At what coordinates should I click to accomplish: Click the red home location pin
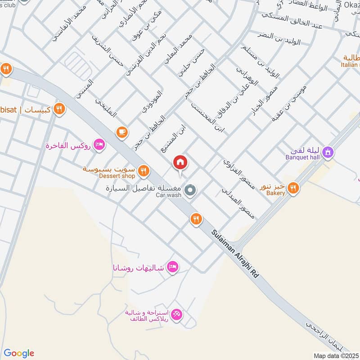(x=180, y=162)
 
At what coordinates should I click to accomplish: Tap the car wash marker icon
(x=190, y=190)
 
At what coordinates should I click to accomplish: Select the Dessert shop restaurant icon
(x=144, y=171)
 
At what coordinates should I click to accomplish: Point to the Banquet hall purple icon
(x=329, y=152)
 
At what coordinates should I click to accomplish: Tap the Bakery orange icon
(x=294, y=188)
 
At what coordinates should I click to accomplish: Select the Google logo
(x=19, y=353)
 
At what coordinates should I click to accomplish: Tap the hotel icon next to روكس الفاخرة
(x=100, y=145)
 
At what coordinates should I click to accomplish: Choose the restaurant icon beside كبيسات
(x=59, y=109)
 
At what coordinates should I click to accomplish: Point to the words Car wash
(x=168, y=195)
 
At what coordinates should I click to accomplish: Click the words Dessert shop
(x=117, y=176)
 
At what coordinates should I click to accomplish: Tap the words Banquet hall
(x=303, y=157)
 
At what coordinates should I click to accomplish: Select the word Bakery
(x=275, y=193)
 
